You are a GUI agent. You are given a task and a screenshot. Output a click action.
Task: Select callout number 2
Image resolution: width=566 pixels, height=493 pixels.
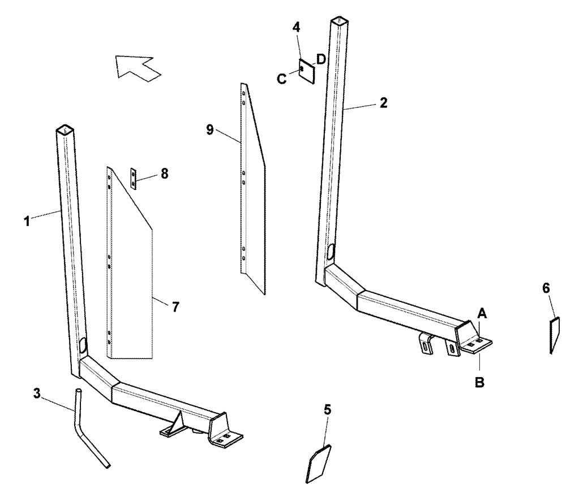(383, 102)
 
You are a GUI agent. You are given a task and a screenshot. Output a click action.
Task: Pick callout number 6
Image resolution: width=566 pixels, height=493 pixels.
(545, 288)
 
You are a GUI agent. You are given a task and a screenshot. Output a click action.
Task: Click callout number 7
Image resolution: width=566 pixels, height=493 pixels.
(175, 307)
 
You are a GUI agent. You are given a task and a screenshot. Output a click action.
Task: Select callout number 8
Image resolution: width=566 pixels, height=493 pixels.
(164, 174)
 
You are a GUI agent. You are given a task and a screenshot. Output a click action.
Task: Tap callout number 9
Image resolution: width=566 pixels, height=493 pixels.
(211, 129)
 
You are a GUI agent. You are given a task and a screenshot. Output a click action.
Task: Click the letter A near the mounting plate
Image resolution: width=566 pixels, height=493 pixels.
(482, 312)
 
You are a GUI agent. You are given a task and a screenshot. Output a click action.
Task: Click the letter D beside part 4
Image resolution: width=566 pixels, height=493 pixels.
(320, 59)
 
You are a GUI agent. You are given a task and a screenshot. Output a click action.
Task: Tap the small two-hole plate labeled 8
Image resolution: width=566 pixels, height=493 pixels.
(134, 178)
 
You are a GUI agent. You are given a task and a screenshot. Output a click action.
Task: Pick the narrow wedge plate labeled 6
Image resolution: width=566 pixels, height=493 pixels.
(554, 335)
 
